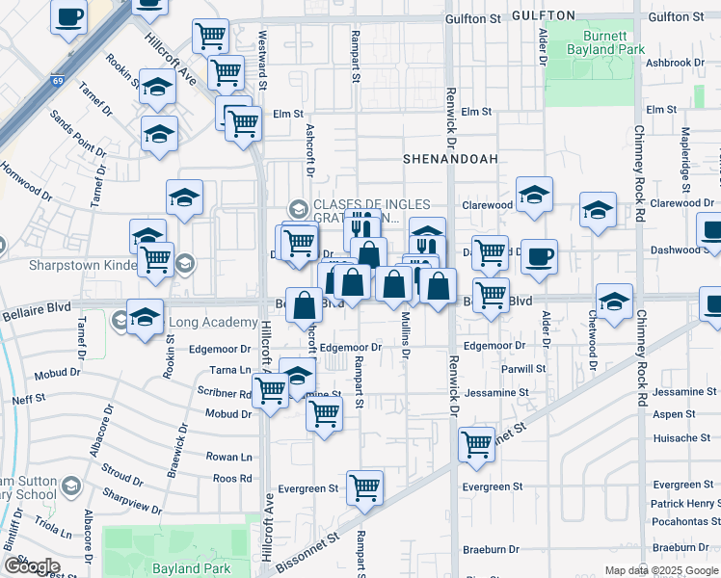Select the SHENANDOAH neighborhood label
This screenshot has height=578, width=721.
pos(443,157)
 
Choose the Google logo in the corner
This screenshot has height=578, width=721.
pos(32,565)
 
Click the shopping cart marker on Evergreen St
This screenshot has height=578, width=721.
pos(364,487)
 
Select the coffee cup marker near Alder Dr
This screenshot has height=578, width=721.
pos(539,256)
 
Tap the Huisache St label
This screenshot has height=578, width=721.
pos(681,437)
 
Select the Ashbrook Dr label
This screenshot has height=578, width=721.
pos(682,63)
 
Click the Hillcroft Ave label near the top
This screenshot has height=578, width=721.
pos(171,60)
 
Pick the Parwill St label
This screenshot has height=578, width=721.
pos(523,369)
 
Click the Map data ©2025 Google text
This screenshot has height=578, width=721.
pos(662,570)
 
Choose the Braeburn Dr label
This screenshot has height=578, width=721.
pos(490,549)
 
